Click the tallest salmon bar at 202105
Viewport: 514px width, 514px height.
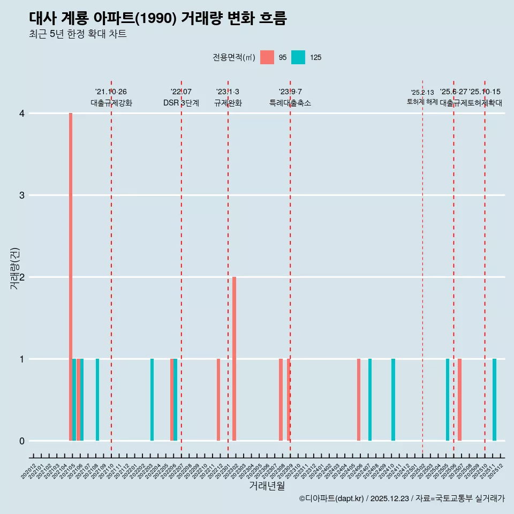71,277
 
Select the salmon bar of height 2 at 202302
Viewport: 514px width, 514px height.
235,359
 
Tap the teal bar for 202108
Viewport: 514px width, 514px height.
97,400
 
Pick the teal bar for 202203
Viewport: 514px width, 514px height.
152,400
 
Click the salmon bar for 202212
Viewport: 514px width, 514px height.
218,400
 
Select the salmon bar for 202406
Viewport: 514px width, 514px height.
359,400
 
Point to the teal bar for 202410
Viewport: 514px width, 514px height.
393,400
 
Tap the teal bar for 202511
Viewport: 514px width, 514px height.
494,400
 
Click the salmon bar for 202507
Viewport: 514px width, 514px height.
459,400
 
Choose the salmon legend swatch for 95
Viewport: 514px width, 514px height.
267,57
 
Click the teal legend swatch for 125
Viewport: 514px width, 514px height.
298,57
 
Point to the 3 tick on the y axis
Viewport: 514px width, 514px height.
22,195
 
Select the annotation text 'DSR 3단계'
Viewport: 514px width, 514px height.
181,103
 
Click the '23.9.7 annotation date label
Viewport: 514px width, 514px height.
290,92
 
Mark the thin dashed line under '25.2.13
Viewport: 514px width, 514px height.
423,268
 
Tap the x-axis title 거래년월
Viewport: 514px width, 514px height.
267,486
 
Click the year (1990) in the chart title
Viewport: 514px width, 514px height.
155,19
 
